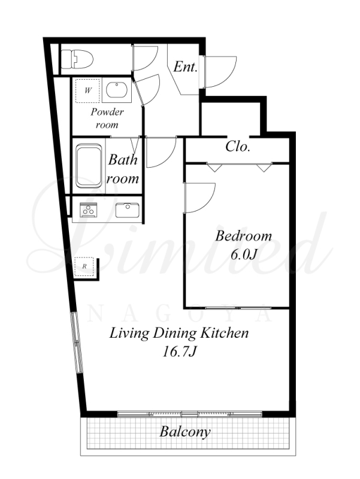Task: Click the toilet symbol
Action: (x=77, y=59)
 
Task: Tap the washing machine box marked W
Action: (x=87, y=90)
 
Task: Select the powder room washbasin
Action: (x=116, y=90)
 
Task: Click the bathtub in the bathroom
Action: (x=89, y=165)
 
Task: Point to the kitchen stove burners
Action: (x=89, y=210)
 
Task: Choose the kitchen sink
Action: (x=127, y=210)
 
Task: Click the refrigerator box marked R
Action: (x=84, y=266)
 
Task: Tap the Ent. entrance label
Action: (x=185, y=66)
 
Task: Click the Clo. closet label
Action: (x=238, y=146)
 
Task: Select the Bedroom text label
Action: (x=243, y=236)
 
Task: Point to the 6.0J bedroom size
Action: (x=243, y=255)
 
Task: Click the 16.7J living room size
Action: (x=179, y=352)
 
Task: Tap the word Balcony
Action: (x=185, y=432)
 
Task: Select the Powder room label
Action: (x=107, y=118)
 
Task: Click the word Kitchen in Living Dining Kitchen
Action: (x=224, y=333)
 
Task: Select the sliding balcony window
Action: (x=190, y=414)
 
